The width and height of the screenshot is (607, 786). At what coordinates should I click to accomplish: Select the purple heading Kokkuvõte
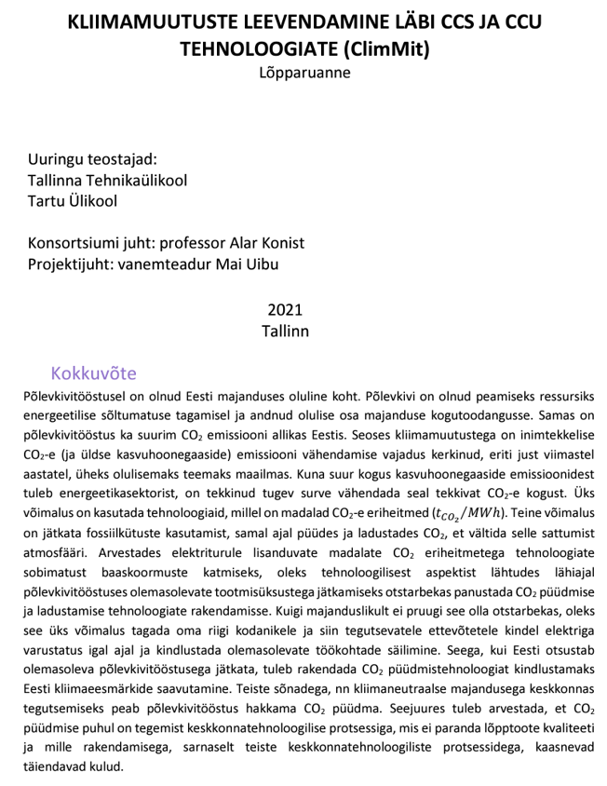[94, 374]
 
